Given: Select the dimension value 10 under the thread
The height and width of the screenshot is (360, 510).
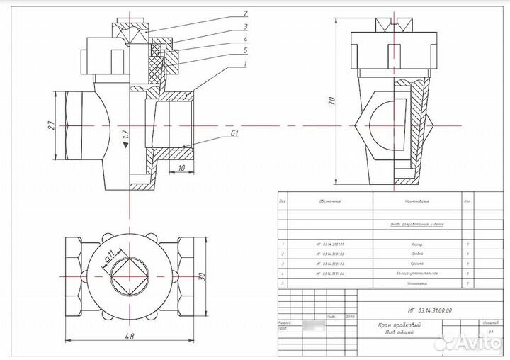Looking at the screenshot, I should point(181,168).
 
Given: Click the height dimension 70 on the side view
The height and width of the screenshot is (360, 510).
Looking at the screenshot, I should point(331,101).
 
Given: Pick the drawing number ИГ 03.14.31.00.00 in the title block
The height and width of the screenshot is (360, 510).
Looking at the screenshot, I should point(429,310).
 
